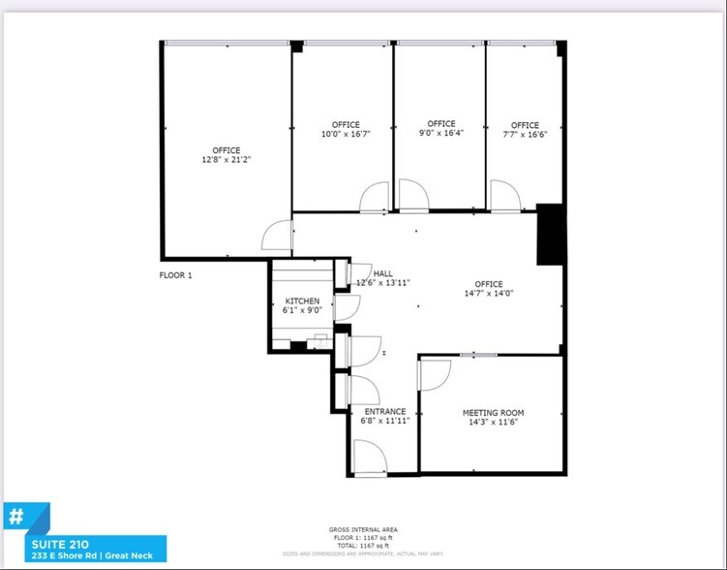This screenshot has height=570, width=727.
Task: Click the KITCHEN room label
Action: coord(301,301)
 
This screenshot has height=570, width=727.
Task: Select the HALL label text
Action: coord(383,273)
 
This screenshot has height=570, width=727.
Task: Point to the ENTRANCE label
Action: coord(384,411)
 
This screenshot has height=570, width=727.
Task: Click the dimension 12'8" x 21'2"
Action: coord(227,160)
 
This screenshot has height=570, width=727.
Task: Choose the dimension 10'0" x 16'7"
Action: coord(346,135)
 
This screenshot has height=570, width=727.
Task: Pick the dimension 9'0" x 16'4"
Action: coord(440,134)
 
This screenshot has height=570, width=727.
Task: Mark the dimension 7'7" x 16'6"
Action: coord(525,135)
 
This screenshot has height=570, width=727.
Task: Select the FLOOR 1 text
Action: coord(176,275)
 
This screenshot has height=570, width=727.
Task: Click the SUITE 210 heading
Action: coord(57,543)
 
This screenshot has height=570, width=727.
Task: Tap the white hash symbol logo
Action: coord(15,516)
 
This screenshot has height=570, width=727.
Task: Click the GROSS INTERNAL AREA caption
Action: coord(362,529)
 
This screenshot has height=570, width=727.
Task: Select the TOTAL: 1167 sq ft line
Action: coord(362,545)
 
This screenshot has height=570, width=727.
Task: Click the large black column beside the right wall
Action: coord(549,234)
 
